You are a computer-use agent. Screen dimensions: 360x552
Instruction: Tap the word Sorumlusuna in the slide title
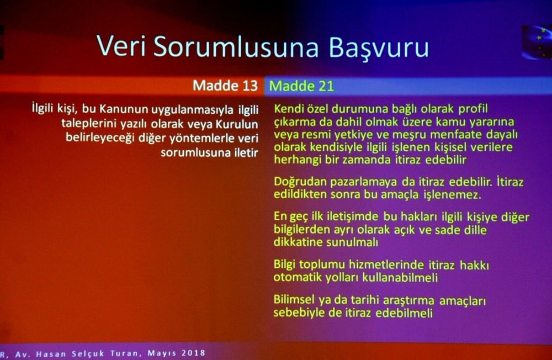236,46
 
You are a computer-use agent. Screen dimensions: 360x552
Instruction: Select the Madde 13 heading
225,86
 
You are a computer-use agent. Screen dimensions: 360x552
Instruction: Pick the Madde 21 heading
301,86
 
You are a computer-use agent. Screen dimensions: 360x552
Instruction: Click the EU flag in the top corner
536,41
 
